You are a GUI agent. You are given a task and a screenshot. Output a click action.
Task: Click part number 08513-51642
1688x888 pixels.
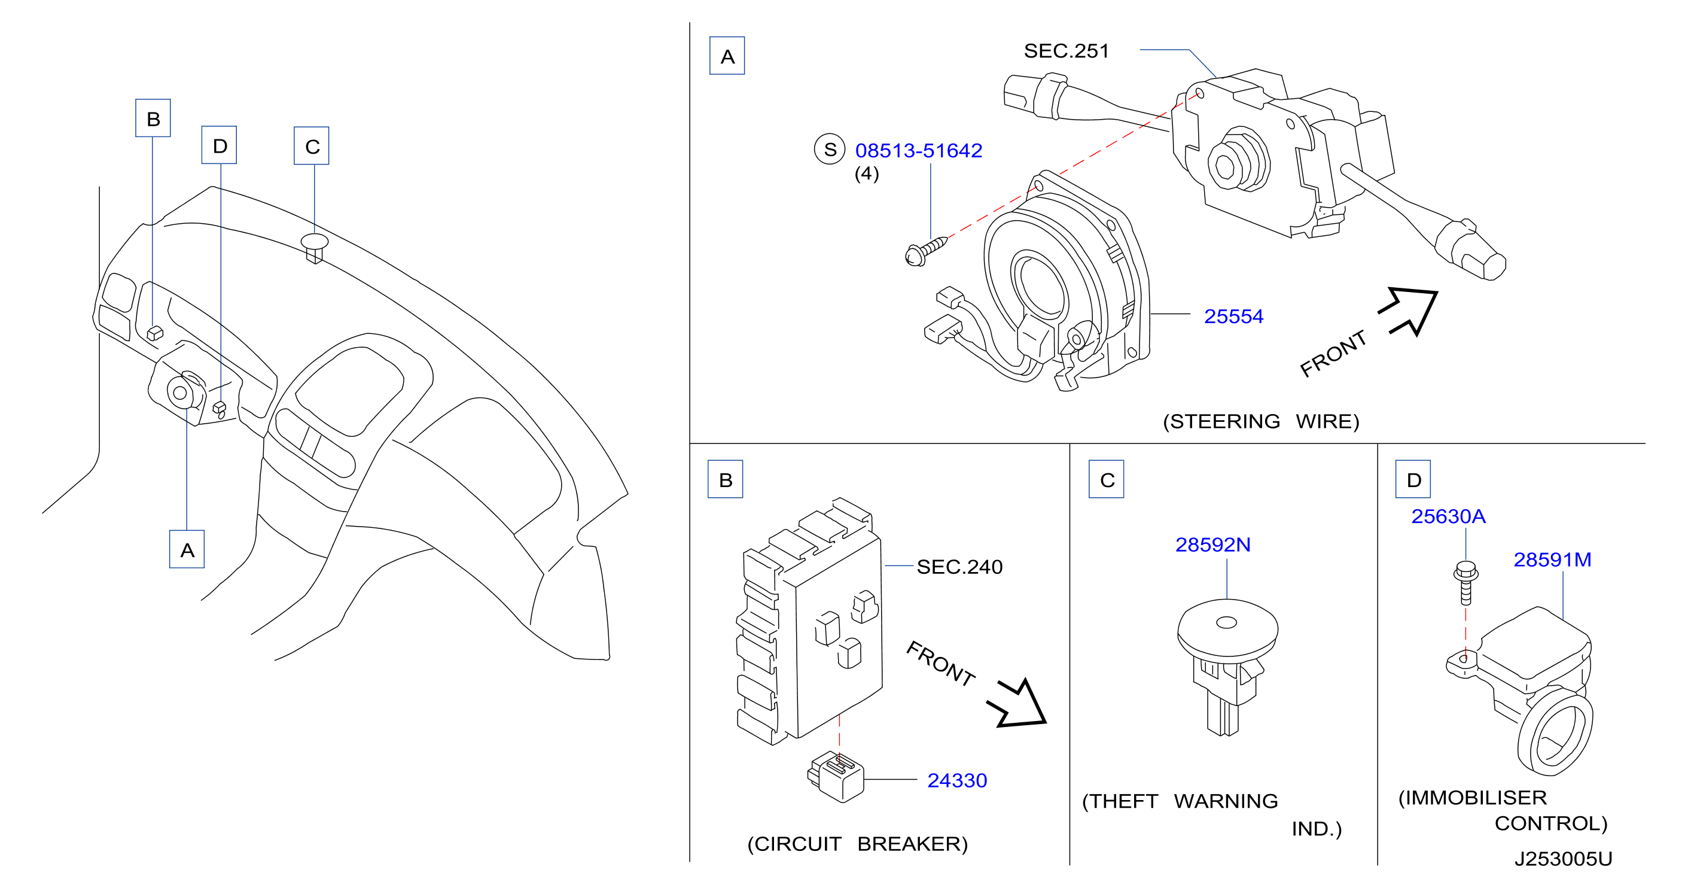point(918,151)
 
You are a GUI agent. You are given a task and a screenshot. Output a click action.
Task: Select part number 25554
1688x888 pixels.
point(1233,317)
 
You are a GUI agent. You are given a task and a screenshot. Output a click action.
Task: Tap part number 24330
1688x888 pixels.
point(956,780)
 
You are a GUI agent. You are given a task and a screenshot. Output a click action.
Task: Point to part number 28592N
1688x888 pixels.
point(1213,545)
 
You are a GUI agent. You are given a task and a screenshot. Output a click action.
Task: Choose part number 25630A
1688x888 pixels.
point(1448,516)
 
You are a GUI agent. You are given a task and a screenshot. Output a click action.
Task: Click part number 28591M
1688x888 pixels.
point(1552,559)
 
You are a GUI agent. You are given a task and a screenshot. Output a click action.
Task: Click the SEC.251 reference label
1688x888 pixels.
point(1066,51)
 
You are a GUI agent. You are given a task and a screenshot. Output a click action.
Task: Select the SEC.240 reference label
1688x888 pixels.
point(959,567)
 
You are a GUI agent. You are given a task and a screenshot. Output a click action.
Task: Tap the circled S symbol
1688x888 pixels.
point(830,150)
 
